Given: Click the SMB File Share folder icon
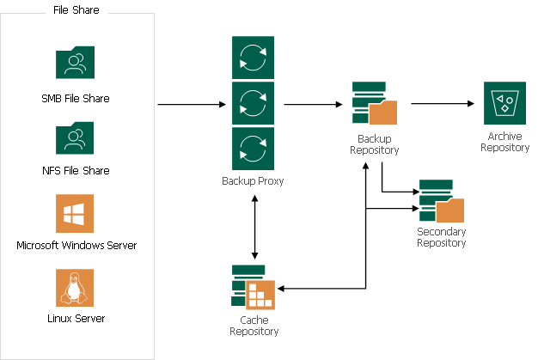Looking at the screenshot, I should tap(76, 64).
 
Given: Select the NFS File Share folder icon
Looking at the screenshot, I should tap(76, 138).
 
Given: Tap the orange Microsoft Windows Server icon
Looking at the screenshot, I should tap(76, 213).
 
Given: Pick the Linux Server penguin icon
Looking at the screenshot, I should tap(76, 288).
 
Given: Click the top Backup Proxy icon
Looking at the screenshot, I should tap(253, 58).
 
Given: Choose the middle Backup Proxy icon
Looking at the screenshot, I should tap(253, 104).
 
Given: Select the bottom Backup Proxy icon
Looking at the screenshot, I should tap(253, 149).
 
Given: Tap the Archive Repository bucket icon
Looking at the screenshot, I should tap(504, 104).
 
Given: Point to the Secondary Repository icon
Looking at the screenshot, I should tap(441, 201).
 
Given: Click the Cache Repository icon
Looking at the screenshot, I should tap(254, 288).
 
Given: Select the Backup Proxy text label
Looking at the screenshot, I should tap(253, 181).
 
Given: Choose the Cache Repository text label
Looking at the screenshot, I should tap(254, 325).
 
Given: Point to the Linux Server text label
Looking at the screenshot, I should tap(76, 318).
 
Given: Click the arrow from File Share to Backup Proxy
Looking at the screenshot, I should tap(192, 104).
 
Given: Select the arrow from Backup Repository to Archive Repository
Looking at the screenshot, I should tap(443, 104).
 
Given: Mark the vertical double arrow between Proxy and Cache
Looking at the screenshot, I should tap(254, 228).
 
